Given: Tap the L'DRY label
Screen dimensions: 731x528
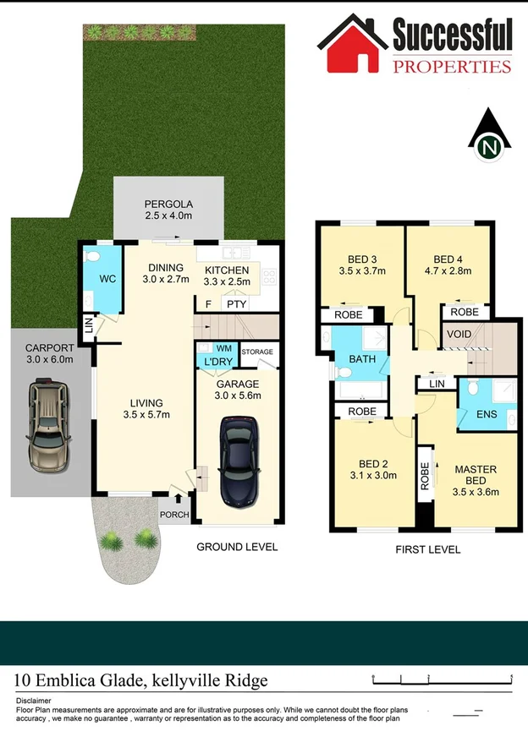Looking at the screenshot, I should point(217,363).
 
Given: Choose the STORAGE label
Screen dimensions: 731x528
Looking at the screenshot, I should point(257,352).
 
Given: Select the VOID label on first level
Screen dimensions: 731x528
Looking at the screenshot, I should point(459,334).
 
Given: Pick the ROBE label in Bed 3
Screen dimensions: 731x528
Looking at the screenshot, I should point(348,315).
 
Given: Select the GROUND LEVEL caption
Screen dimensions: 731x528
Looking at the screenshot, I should point(237,547).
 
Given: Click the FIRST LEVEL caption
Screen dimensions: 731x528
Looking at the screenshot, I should point(428,549).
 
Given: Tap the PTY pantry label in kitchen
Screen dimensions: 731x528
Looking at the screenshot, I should point(234,303).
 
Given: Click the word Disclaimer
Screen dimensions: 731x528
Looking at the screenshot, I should point(33,701).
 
